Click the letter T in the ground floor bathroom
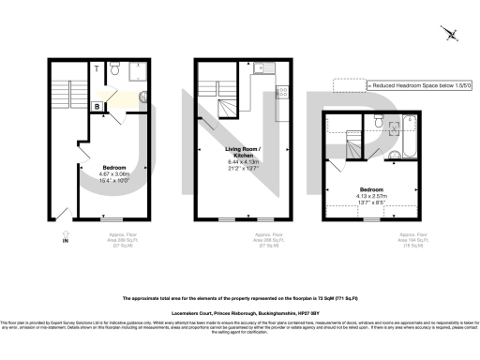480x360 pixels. pos(97,69)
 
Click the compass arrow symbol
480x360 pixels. pos(451,36)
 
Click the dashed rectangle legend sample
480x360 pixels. pos(348,84)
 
